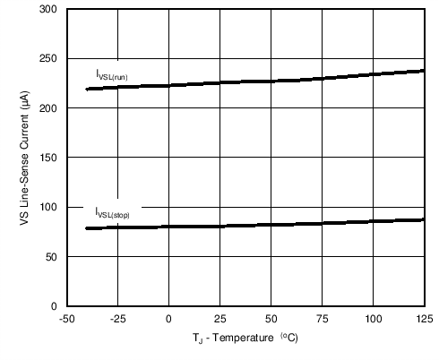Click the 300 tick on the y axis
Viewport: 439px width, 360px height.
[48, 9]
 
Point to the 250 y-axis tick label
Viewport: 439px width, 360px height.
[48, 59]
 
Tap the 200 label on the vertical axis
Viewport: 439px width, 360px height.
[48, 108]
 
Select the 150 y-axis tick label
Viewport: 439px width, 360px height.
[48, 158]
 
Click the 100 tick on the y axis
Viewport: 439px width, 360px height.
[48, 208]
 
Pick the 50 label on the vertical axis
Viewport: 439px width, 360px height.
[51, 257]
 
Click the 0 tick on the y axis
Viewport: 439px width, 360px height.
[54, 306]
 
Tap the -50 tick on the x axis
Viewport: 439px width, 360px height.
[65, 319]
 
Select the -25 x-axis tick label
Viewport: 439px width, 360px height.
[116, 319]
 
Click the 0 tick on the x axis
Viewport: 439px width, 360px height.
[168, 319]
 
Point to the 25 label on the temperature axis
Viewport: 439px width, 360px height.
[219, 319]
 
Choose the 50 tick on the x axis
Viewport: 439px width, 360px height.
[271, 319]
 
